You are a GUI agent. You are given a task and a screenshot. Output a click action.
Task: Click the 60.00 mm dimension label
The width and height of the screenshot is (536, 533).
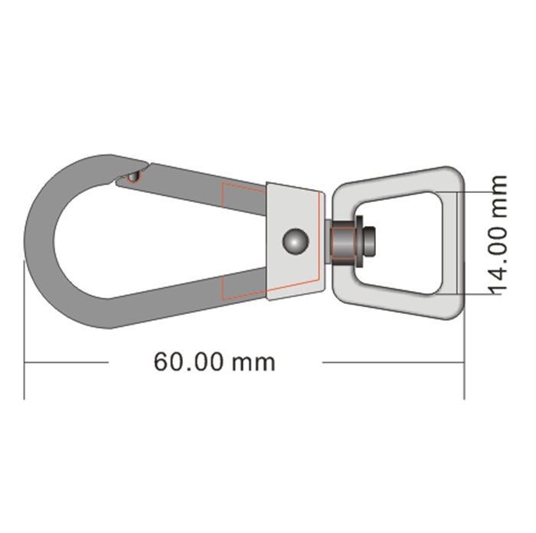pyautogui.click(x=214, y=361)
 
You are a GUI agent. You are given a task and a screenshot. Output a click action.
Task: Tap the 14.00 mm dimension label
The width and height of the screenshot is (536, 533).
pyautogui.click(x=495, y=235)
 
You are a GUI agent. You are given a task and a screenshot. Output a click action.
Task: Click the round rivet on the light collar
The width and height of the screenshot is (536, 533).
pyautogui.click(x=296, y=241)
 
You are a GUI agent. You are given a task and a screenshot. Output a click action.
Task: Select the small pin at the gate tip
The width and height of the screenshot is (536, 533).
pyautogui.click(x=133, y=177)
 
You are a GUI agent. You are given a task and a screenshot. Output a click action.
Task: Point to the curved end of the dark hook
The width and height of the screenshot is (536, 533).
pyautogui.click(x=39, y=241)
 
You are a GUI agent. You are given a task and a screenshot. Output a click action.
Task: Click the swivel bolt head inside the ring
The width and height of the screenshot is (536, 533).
pyautogui.click(x=369, y=242)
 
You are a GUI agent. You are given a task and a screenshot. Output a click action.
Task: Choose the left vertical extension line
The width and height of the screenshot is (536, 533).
pyautogui.click(x=24, y=330)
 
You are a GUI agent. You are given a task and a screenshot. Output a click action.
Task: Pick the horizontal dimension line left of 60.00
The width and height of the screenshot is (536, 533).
pyautogui.click(x=67, y=361)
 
